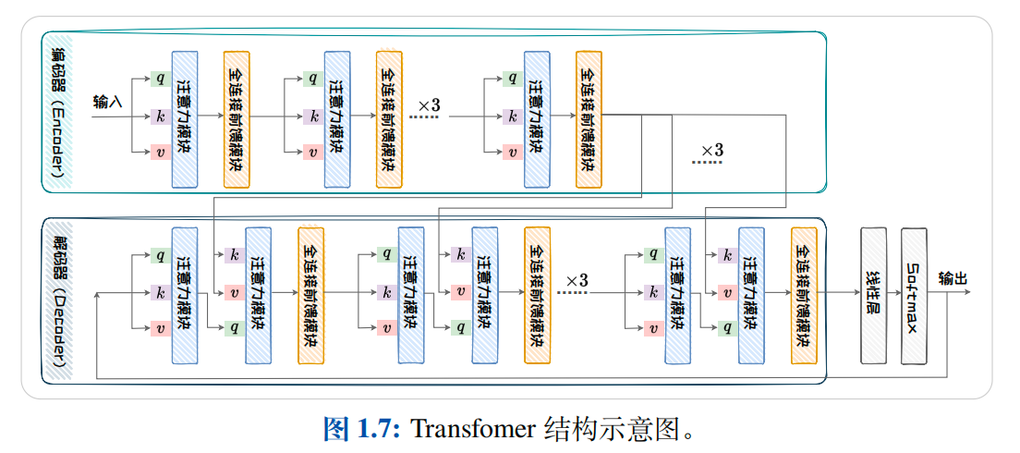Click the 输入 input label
(107, 101)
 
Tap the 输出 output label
(952, 277)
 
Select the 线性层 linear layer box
(873, 295)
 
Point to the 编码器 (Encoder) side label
(58, 112)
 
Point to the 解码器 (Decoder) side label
(58, 300)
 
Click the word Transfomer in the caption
(472, 429)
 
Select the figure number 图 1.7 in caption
(360, 429)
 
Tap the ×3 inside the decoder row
(577, 280)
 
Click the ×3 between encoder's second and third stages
(430, 104)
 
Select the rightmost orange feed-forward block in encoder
(589, 120)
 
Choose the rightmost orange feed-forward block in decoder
(804, 295)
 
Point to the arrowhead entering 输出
(966, 293)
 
